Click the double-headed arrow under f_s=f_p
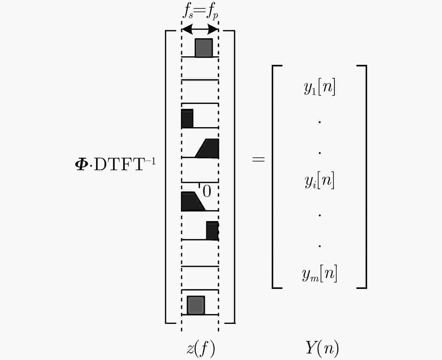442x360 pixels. pos(200,29)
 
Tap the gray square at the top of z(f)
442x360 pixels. pos(204,48)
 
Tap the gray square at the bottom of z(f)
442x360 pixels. pos(196,305)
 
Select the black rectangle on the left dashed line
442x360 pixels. pos(187,118)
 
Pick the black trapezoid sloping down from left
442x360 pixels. pos(193,201)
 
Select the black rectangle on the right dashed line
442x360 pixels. pos(212,231)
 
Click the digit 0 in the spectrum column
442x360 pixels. pos(207,191)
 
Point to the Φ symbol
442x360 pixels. pos(81,165)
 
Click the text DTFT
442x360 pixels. pos(119,165)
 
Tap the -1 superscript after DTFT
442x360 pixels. pos(151,161)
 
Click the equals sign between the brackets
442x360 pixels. pos(258,159)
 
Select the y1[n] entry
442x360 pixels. pos(320,87)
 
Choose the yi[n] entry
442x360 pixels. pos(320,180)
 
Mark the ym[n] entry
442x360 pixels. pos(320,274)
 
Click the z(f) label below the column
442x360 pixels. pos(201,349)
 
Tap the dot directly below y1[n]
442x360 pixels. pos(320,122)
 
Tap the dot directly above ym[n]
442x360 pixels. pos(320,246)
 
